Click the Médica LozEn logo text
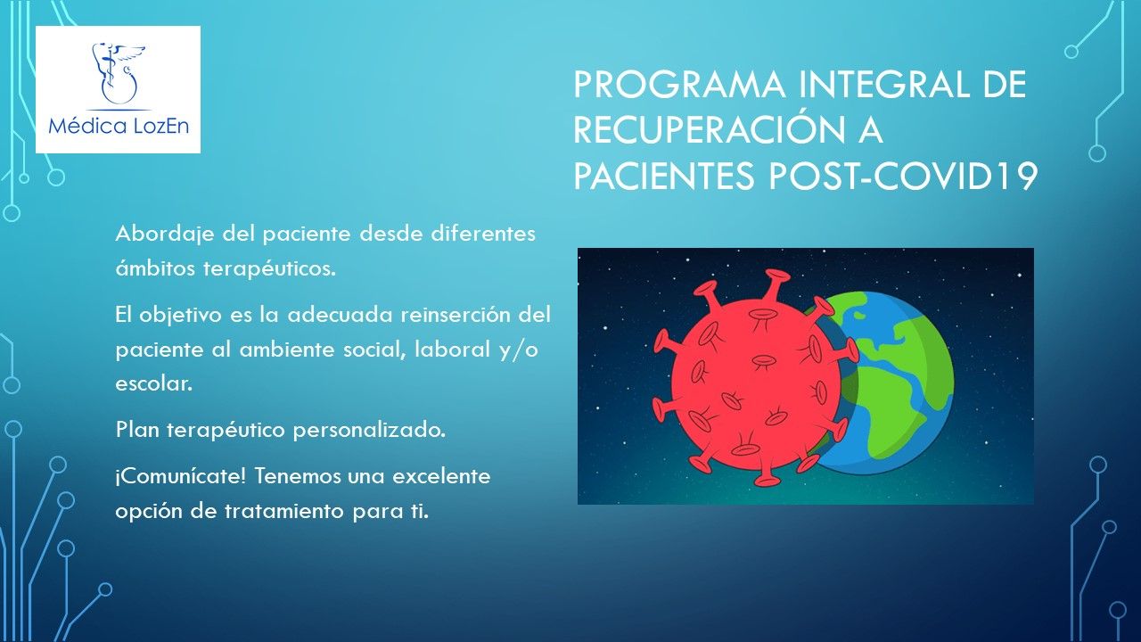(119, 125)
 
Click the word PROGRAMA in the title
(679, 84)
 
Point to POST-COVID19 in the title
(902, 177)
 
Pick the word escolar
(154, 383)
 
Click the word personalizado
(369, 431)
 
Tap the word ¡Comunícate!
(181, 477)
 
